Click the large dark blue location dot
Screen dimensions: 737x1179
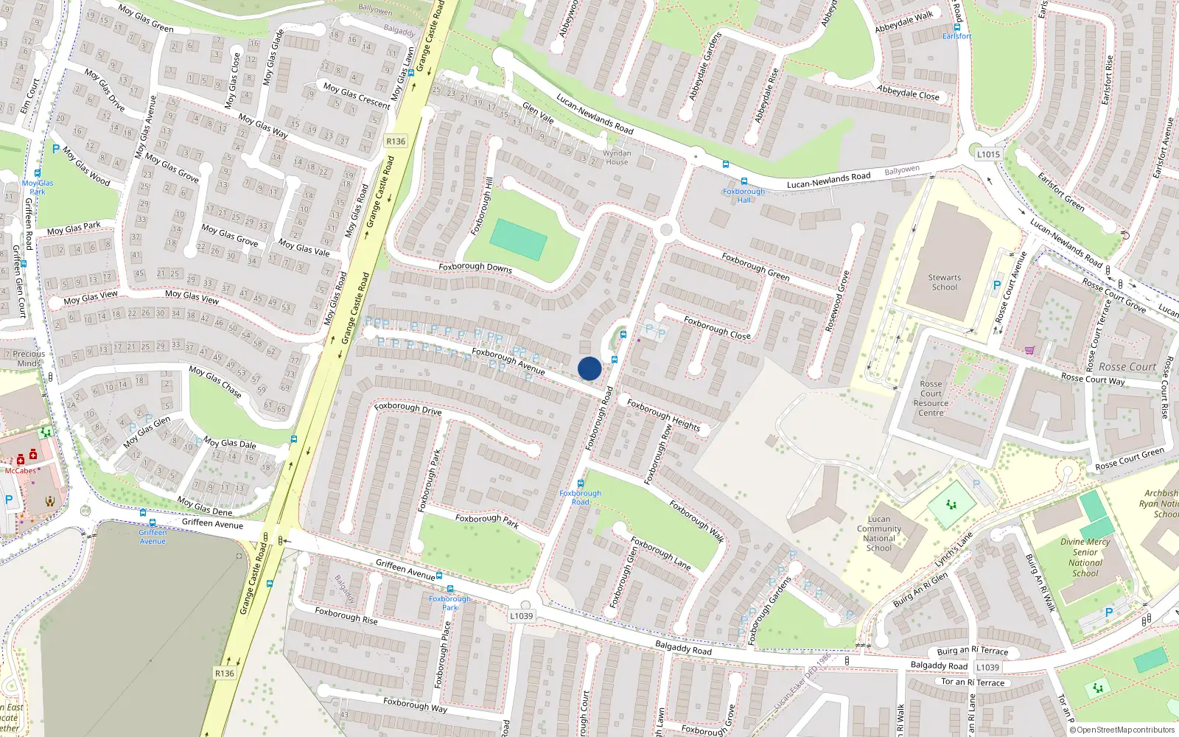coord(589,368)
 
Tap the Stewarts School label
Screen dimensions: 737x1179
coord(944,282)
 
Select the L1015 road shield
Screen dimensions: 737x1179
coord(988,154)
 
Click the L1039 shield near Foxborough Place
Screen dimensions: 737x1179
coord(521,615)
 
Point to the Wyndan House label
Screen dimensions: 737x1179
coord(617,158)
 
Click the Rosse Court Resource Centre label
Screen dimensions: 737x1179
coord(931,398)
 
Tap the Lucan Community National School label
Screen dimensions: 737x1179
coord(878,534)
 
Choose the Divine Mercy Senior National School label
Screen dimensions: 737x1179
coord(1085,557)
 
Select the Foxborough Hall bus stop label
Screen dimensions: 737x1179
coord(744,195)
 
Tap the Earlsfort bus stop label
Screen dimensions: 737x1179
coord(956,36)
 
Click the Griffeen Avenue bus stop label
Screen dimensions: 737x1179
coord(153,537)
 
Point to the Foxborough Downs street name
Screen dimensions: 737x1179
coord(475,267)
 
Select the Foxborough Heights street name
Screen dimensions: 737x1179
coord(663,415)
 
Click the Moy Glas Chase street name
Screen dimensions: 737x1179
coord(215,381)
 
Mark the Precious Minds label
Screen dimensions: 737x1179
coord(29,358)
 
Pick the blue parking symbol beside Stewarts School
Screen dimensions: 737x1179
coord(997,285)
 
